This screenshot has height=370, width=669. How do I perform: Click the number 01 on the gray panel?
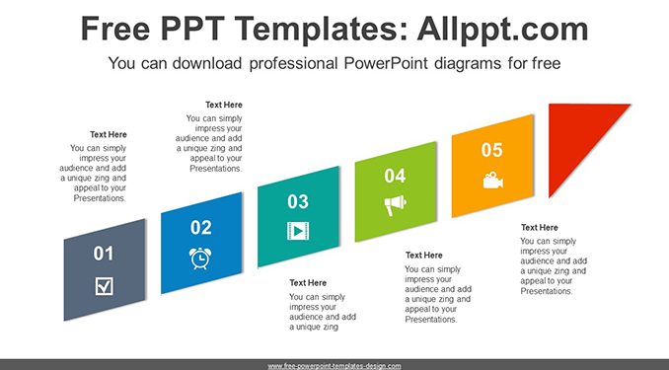[x=104, y=254]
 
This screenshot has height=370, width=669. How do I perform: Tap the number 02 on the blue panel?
[x=201, y=228]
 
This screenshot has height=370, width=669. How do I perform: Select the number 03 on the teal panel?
[x=298, y=202]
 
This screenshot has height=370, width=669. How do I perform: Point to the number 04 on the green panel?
[x=395, y=176]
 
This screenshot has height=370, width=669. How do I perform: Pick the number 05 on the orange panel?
[x=492, y=150]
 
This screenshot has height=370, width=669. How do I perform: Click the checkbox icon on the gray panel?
[x=105, y=286]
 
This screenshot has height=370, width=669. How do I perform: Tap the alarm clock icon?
[x=200, y=259]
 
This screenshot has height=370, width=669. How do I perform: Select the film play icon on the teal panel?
[x=298, y=231]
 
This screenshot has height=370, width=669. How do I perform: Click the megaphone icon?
[x=395, y=205]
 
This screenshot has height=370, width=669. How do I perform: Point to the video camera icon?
[x=492, y=181]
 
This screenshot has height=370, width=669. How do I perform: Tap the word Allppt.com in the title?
[x=502, y=29]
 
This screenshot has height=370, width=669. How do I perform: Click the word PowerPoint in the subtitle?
[x=386, y=63]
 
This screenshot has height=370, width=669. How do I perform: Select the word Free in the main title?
[x=115, y=29]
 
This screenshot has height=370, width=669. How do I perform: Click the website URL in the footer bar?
[x=334, y=366]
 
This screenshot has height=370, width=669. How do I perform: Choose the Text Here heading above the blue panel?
[x=224, y=105]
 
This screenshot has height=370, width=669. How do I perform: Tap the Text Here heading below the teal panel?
[x=308, y=282]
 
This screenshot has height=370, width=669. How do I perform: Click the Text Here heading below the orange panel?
[x=540, y=228]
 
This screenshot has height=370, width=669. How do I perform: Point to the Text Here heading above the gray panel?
[x=109, y=134]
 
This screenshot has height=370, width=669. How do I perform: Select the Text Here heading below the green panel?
[x=423, y=256]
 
